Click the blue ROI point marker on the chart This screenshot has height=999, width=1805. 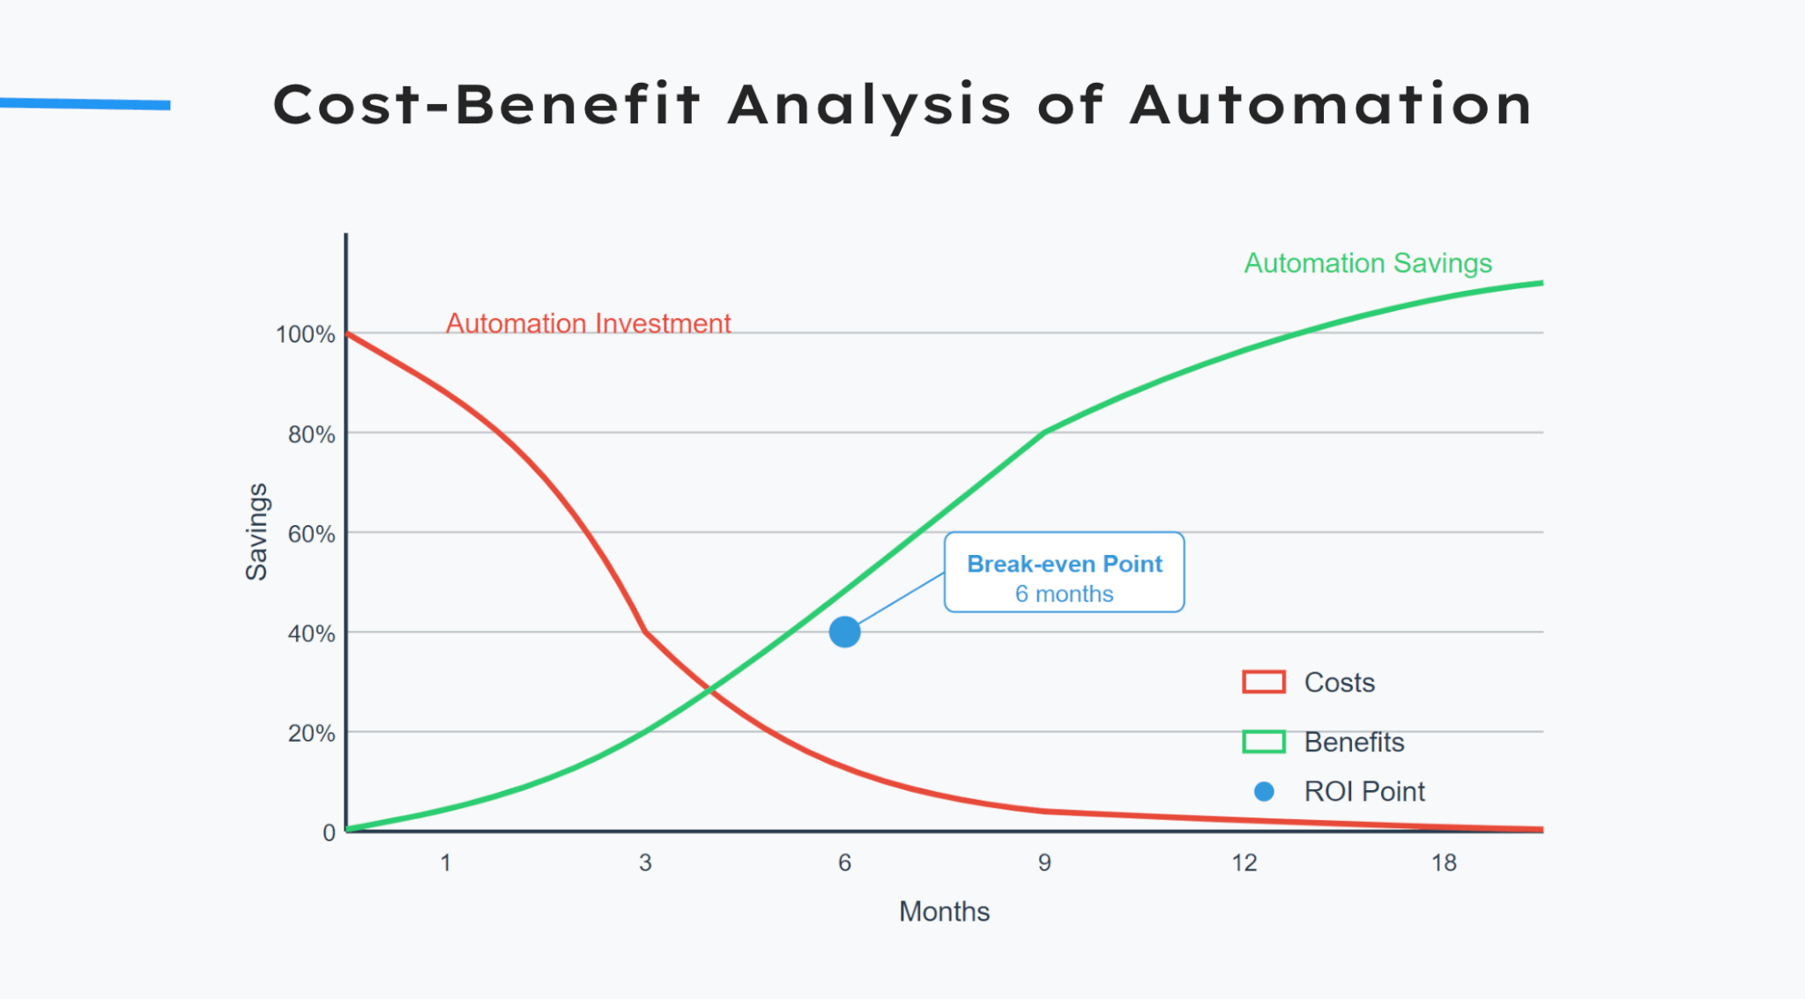click(x=844, y=632)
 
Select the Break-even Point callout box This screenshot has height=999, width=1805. click(x=1064, y=572)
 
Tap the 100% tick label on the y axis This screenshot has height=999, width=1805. click(x=305, y=335)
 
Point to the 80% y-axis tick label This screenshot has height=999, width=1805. click(x=311, y=434)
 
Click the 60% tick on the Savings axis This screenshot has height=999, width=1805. click(x=311, y=534)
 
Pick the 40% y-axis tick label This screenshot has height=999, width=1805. click(x=311, y=633)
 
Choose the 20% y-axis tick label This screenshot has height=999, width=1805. click(x=311, y=733)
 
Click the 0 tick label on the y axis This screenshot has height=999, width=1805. click(x=329, y=832)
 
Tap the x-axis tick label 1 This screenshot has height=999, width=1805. click(x=446, y=862)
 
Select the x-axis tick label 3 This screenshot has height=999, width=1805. click(x=645, y=862)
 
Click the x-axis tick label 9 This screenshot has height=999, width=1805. click(x=1044, y=862)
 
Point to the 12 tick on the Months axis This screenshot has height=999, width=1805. click(x=1244, y=862)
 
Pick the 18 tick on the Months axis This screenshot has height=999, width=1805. click(x=1444, y=862)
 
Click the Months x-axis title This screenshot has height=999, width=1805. click(x=944, y=911)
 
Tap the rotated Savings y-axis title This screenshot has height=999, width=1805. click(x=256, y=531)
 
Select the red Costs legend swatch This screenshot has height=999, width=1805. click(x=1264, y=682)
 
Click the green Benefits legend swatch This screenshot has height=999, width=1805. click(x=1264, y=742)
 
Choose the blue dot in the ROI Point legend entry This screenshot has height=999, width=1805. click(x=1264, y=791)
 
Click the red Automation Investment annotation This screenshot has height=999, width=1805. click(x=588, y=323)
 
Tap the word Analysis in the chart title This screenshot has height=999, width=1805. click(x=870, y=106)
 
